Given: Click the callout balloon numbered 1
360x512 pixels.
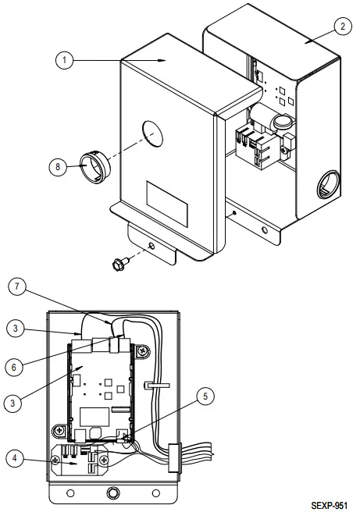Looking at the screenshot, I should pos(66,59).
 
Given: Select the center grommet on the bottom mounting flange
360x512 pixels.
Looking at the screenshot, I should pos(114,493).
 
